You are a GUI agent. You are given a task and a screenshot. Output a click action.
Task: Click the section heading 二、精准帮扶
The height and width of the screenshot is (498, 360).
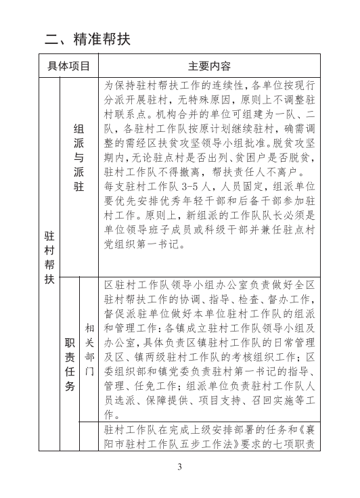(x=87, y=39)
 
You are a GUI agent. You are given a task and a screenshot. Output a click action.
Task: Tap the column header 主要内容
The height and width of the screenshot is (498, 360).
(x=209, y=66)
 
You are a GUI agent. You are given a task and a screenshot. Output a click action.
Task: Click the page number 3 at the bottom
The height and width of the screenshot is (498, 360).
(x=180, y=467)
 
